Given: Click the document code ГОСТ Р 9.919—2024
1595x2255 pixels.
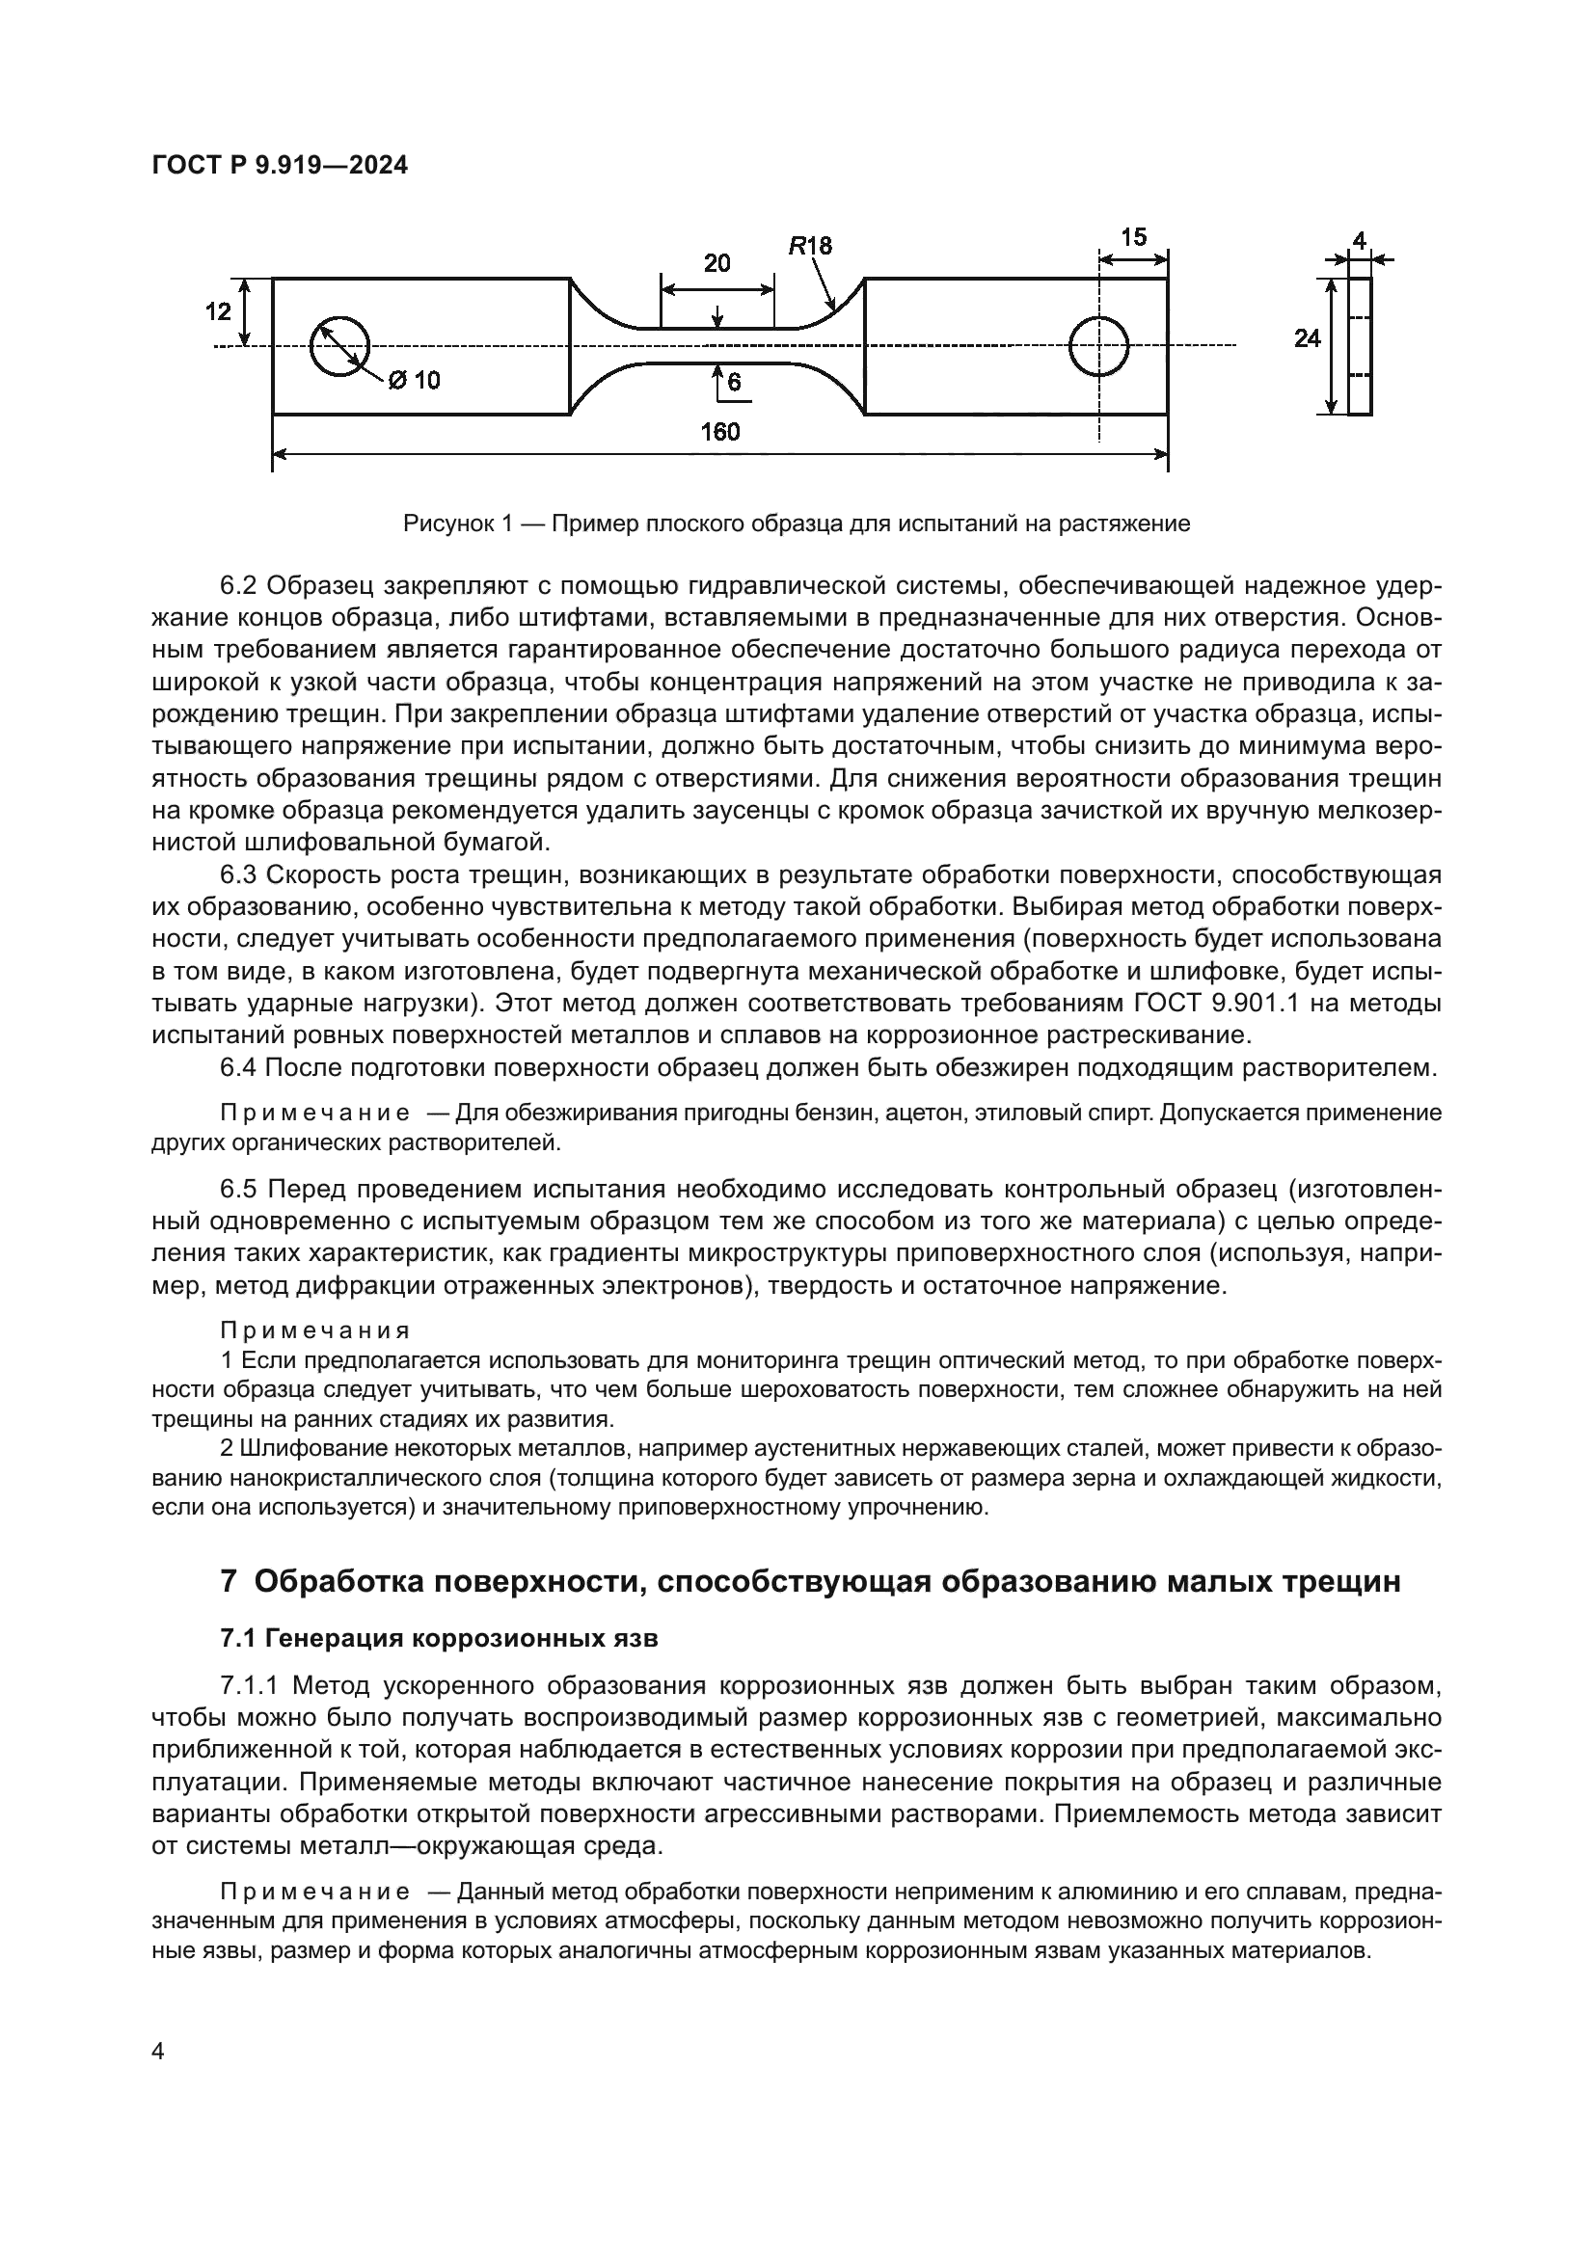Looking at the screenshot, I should point(280,166).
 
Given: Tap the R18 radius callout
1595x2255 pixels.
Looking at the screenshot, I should point(810,246).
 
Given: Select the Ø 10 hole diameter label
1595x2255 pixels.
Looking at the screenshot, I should point(415,380).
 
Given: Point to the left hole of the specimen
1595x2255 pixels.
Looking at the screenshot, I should point(338,346).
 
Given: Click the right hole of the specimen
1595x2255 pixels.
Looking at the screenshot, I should point(1098,346).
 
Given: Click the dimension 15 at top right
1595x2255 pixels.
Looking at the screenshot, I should point(1132,237).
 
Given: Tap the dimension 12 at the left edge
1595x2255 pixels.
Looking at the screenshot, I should point(218,311).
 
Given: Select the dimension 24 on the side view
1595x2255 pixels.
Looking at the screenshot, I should point(1307,337).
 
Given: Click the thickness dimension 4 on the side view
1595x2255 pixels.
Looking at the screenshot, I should point(1360,240).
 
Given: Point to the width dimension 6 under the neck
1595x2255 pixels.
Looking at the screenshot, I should point(734,384).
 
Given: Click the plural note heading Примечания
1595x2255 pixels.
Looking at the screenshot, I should point(314,1330).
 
